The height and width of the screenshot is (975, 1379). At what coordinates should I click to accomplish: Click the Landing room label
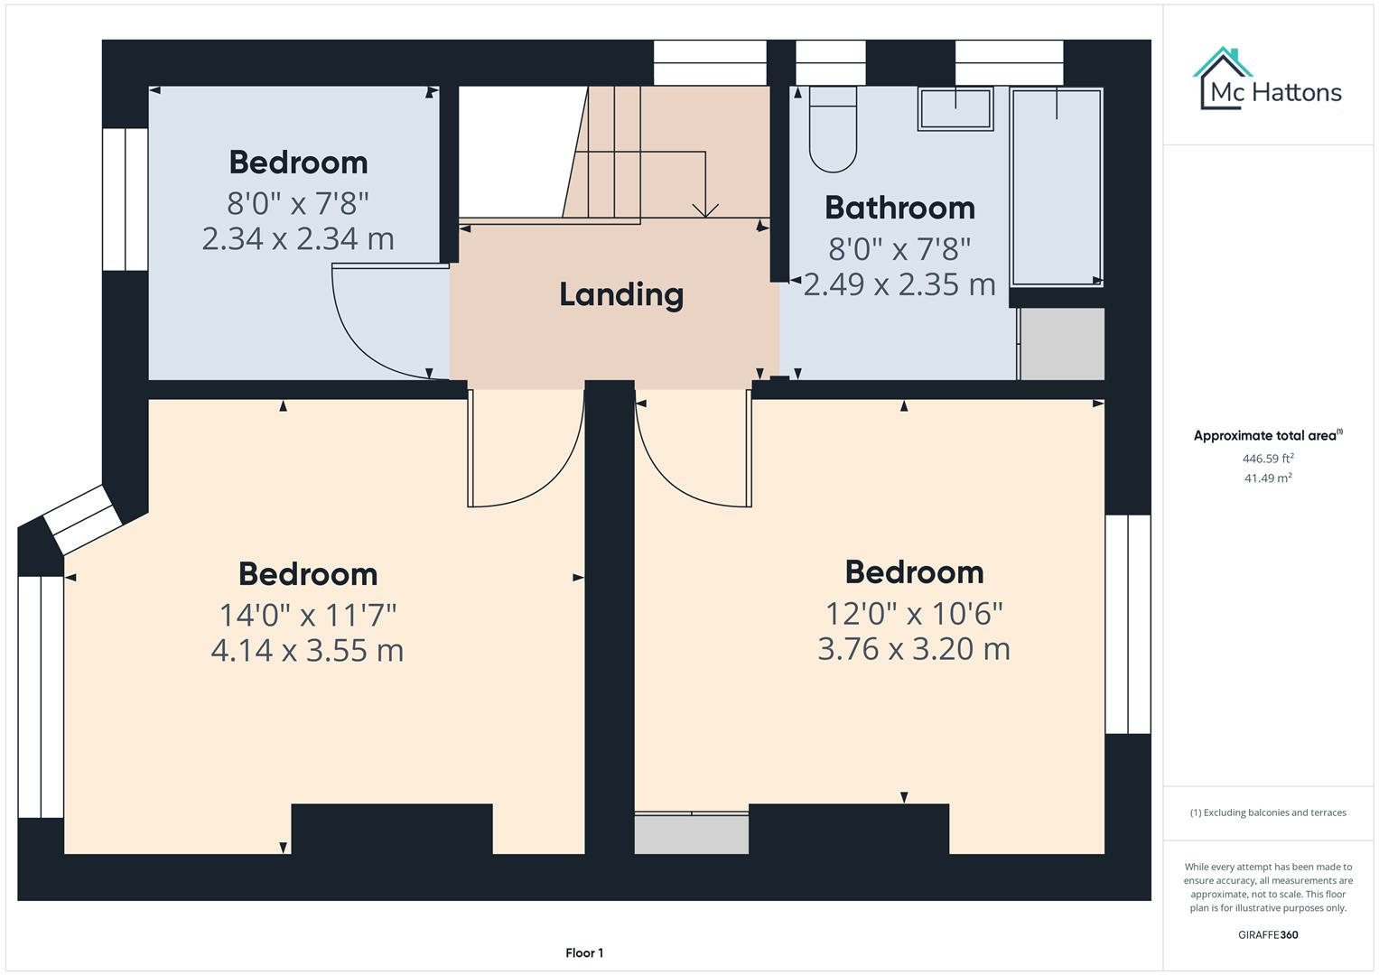coord(620,294)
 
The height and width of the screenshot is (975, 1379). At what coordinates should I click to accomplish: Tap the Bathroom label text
coord(899,208)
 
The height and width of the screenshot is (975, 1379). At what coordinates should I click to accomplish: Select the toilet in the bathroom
coord(832,131)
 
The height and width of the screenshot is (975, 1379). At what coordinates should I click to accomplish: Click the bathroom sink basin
coord(955,109)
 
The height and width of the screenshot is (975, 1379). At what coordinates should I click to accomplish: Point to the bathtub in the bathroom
coord(1056,188)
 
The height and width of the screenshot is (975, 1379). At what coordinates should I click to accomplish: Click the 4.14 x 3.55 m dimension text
coord(307,650)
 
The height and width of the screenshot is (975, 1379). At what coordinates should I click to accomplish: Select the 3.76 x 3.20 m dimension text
coord(913,648)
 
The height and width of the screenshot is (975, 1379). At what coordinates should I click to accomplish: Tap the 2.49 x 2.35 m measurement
coord(899,284)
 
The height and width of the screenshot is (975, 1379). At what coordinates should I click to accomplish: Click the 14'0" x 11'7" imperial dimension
coord(307,615)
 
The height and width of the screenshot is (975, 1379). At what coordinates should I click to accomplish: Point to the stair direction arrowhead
coord(705,210)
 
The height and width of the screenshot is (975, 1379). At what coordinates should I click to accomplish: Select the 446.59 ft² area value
coord(1268,459)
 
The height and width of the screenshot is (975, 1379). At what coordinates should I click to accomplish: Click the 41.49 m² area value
coord(1268,478)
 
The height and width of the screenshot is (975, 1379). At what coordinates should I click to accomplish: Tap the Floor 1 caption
coord(584,952)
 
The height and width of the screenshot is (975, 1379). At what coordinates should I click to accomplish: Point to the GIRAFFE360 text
coord(1268,934)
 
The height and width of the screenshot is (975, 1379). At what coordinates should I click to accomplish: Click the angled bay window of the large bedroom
coord(82,519)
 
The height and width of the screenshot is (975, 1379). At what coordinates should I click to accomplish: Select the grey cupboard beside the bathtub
coord(1062,344)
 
